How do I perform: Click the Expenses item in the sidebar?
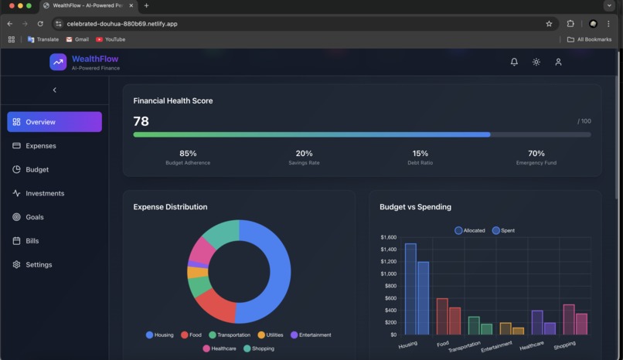click(x=40, y=146)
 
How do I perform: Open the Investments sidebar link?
click(x=44, y=193)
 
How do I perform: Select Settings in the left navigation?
click(x=39, y=264)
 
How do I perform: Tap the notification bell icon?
click(x=514, y=62)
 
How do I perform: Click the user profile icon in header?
click(x=558, y=62)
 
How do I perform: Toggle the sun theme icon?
click(x=536, y=62)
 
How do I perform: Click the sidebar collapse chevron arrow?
click(x=54, y=90)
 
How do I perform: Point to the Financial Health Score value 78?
click(x=141, y=121)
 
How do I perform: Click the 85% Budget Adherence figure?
click(x=188, y=154)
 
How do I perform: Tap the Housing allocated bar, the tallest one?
click(x=410, y=289)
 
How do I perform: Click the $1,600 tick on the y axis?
click(x=388, y=237)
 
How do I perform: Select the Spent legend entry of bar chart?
click(x=503, y=230)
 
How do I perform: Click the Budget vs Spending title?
click(x=415, y=207)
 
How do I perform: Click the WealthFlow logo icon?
click(x=58, y=62)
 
